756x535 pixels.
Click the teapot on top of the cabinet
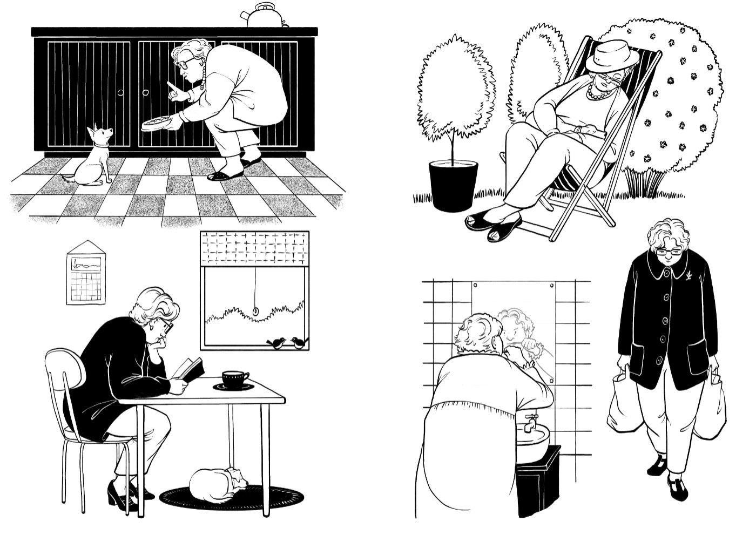tap(264, 15)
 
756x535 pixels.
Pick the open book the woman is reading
tap(189, 370)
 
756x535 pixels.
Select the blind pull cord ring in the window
tap(255, 311)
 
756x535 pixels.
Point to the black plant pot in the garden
tap(453, 185)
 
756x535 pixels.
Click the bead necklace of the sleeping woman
tap(600, 94)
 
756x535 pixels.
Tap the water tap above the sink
tap(531, 420)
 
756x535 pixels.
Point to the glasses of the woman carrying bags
tap(667, 251)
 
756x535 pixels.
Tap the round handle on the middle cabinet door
tap(145, 93)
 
